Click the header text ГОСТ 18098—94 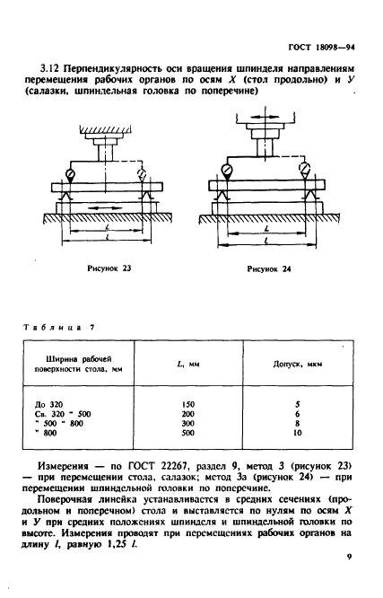click(x=322, y=48)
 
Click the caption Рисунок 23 click(x=109, y=268)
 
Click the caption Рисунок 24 click(x=269, y=268)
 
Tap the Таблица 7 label click(x=59, y=327)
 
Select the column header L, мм click(x=188, y=365)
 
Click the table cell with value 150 click(x=188, y=404)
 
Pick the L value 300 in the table click(x=188, y=423)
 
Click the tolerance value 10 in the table click(x=298, y=433)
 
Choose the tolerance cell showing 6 click(x=298, y=414)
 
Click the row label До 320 click(x=48, y=404)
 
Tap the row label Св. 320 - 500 click(x=63, y=414)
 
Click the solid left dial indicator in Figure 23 click(x=71, y=175)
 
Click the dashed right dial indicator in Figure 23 click(x=142, y=175)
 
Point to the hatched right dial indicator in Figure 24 click(x=305, y=169)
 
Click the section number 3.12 click(x=49, y=69)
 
